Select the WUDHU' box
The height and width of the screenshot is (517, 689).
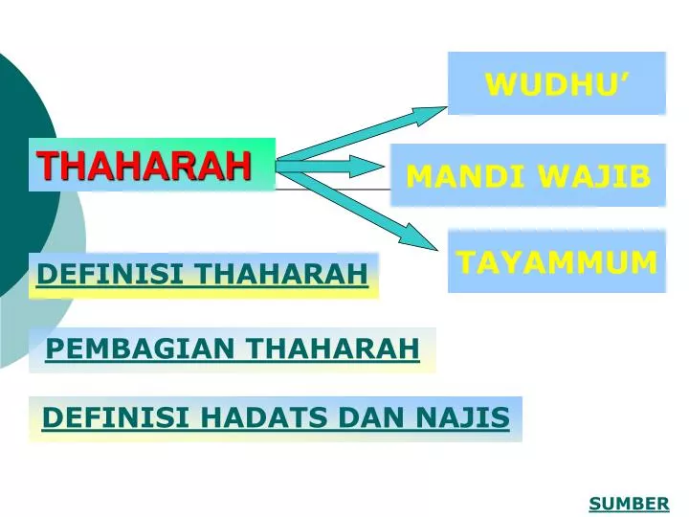[556, 83]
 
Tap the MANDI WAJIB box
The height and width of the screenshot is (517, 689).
[527, 176]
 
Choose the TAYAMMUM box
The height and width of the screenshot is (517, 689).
[556, 261]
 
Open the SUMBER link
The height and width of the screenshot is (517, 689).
[629, 504]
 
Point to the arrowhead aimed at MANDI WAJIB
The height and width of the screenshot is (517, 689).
[370, 167]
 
